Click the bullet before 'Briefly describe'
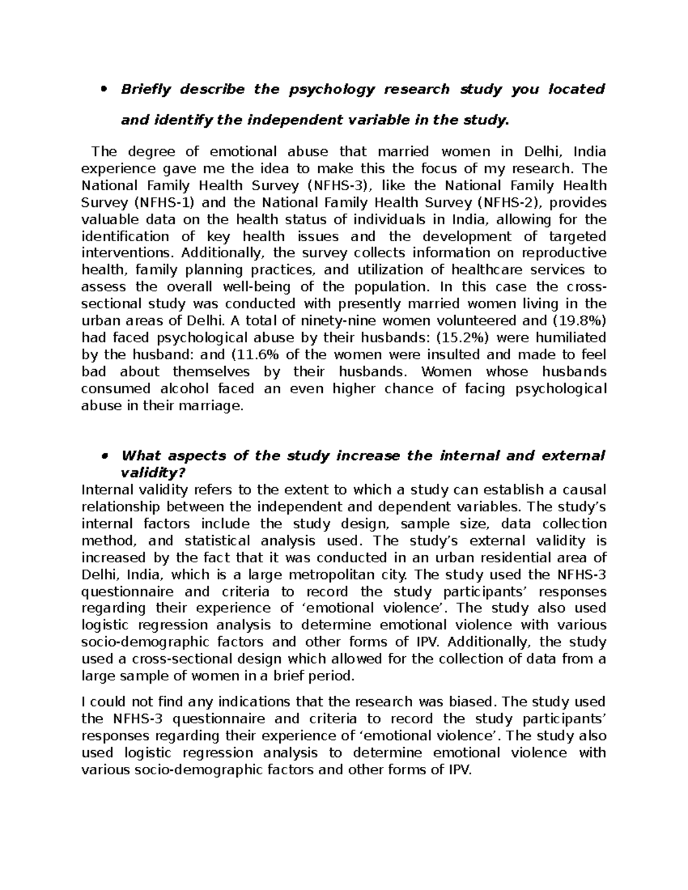[104, 89]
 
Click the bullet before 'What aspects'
[104, 456]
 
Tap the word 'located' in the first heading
[577, 89]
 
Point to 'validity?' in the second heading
[154, 473]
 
